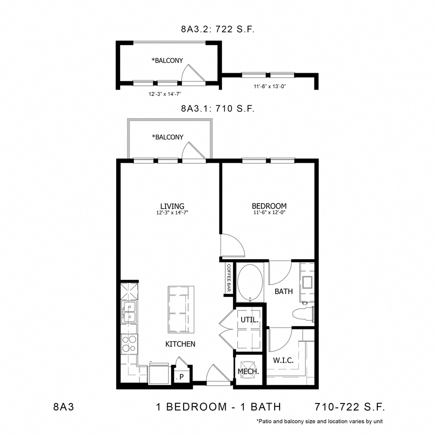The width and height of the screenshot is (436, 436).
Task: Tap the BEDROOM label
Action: click(x=269, y=206)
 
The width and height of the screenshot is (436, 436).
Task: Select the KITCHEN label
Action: click(x=180, y=344)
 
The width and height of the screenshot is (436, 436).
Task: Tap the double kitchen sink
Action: click(x=129, y=312)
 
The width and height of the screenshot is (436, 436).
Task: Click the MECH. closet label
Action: click(x=249, y=372)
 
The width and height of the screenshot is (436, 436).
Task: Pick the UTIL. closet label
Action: click(x=249, y=321)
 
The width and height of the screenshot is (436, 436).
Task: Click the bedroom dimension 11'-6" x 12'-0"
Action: click(x=269, y=213)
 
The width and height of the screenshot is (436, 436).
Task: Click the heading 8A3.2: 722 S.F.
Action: click(x=218, y=29)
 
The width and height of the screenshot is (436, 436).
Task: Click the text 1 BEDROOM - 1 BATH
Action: click(x=218, y=406)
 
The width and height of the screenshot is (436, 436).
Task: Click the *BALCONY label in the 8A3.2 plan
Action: click(x=167, y=61)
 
